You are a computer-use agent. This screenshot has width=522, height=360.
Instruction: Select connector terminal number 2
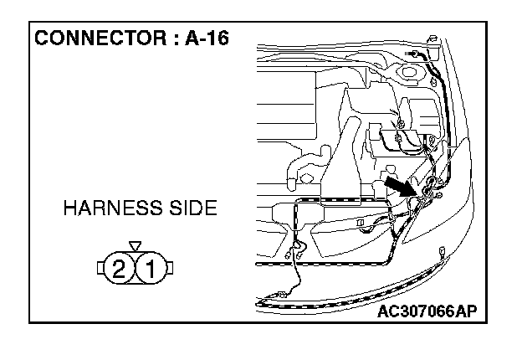[x=120, y=269]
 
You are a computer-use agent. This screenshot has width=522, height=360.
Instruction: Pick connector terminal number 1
[x=151, y=269]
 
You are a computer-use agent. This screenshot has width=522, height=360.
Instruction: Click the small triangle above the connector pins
[x=136, y=246]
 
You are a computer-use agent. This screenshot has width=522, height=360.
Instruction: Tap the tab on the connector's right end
[x=171, y=269]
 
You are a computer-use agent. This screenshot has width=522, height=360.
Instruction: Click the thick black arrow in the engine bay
[x=400, y=185]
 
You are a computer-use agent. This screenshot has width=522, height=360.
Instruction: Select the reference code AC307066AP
[x=427, y=312]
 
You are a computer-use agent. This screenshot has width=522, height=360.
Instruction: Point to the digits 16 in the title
[x=217, y=39]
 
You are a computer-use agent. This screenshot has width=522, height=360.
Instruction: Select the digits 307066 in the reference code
[x=427, y=312]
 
